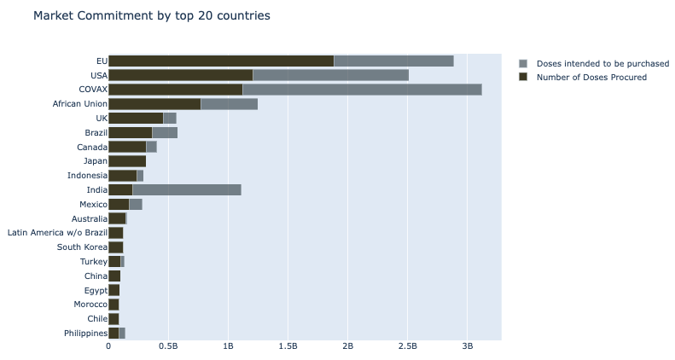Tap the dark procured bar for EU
coord(221,61)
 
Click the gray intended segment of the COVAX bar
coord(362,90)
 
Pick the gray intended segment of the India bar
coord(187,189)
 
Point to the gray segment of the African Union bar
coord(229,104)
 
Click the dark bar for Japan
coord(127,160)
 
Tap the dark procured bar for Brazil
coord(130,132)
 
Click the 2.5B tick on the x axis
coord(408,347)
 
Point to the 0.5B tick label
coord(168,347)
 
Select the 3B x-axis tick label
coord(468,347)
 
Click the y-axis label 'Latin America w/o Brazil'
coord(57,232)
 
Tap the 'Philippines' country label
coord(85,333)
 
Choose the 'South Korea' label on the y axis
coord(82,247)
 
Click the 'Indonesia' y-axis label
coord(87,175)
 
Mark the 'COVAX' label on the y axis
coord(92,90)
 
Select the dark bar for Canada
coord(127,147)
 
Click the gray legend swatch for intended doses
coord(524,63)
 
